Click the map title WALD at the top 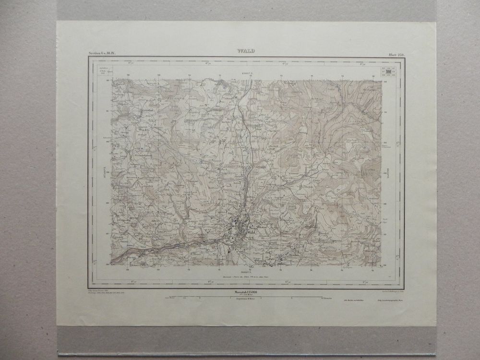[245, 50]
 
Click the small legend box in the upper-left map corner [102, 70]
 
